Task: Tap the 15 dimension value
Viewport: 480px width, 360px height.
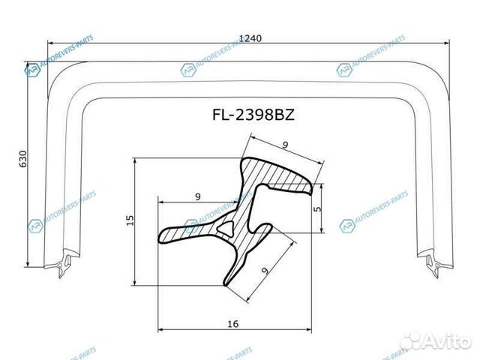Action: tap(129, 220)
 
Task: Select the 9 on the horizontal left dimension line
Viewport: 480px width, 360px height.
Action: tap(197, 196)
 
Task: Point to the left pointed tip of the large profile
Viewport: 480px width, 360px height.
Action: tap(161, 239)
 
